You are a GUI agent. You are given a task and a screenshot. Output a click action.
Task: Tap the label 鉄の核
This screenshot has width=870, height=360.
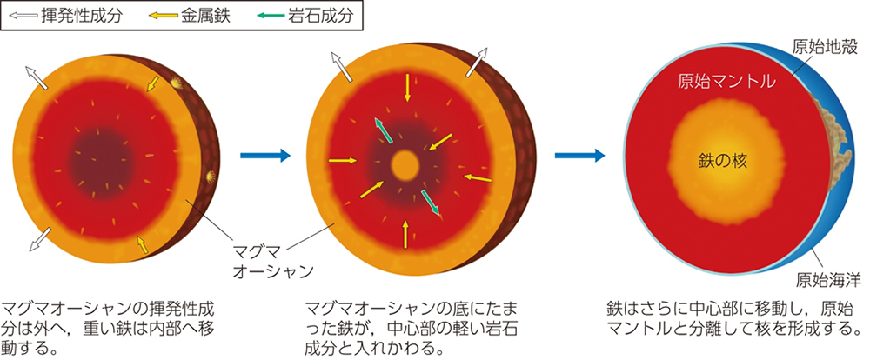click(722, 161)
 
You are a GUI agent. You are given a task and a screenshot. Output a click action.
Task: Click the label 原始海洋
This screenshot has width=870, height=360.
click(828, 279)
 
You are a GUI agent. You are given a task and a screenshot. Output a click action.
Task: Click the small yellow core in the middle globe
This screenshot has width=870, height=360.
click(404, 163)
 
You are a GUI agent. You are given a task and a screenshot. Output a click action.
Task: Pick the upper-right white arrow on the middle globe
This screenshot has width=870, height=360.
click(478, 62)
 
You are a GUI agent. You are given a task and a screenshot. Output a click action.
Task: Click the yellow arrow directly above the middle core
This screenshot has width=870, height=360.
click(405, 88)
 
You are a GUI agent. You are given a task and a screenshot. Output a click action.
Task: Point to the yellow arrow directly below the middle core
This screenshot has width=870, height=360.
click(405, 232)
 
